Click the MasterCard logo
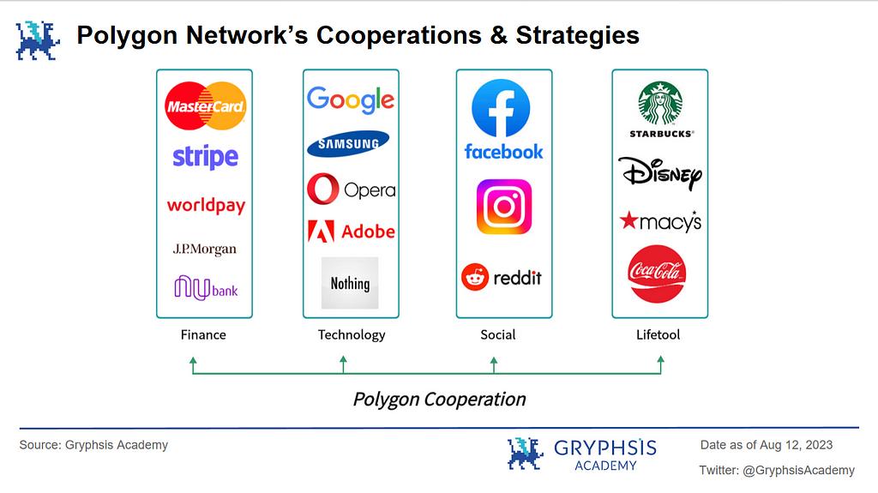click(205, 105)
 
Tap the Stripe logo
click(205, 157)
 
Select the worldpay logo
click(206, 206)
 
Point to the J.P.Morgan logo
click(204, 249)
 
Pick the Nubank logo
click(206, 288)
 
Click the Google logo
click(351, 100)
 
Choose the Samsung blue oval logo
click(348, 143)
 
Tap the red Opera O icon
click(323, 189)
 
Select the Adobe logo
click(351, 231)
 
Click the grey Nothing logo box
click(350, 283)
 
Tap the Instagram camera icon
click(504, 207)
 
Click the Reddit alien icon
click(475, 277)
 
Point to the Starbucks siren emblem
click(661, 104)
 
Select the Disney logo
click(660, 174)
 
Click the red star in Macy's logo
click(628, 220)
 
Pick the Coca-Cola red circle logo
click(657, 274)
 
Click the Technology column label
click(352, 335)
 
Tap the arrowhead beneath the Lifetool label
click(661, 359)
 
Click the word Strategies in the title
click(577, 35)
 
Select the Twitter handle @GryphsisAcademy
click(798, 471)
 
